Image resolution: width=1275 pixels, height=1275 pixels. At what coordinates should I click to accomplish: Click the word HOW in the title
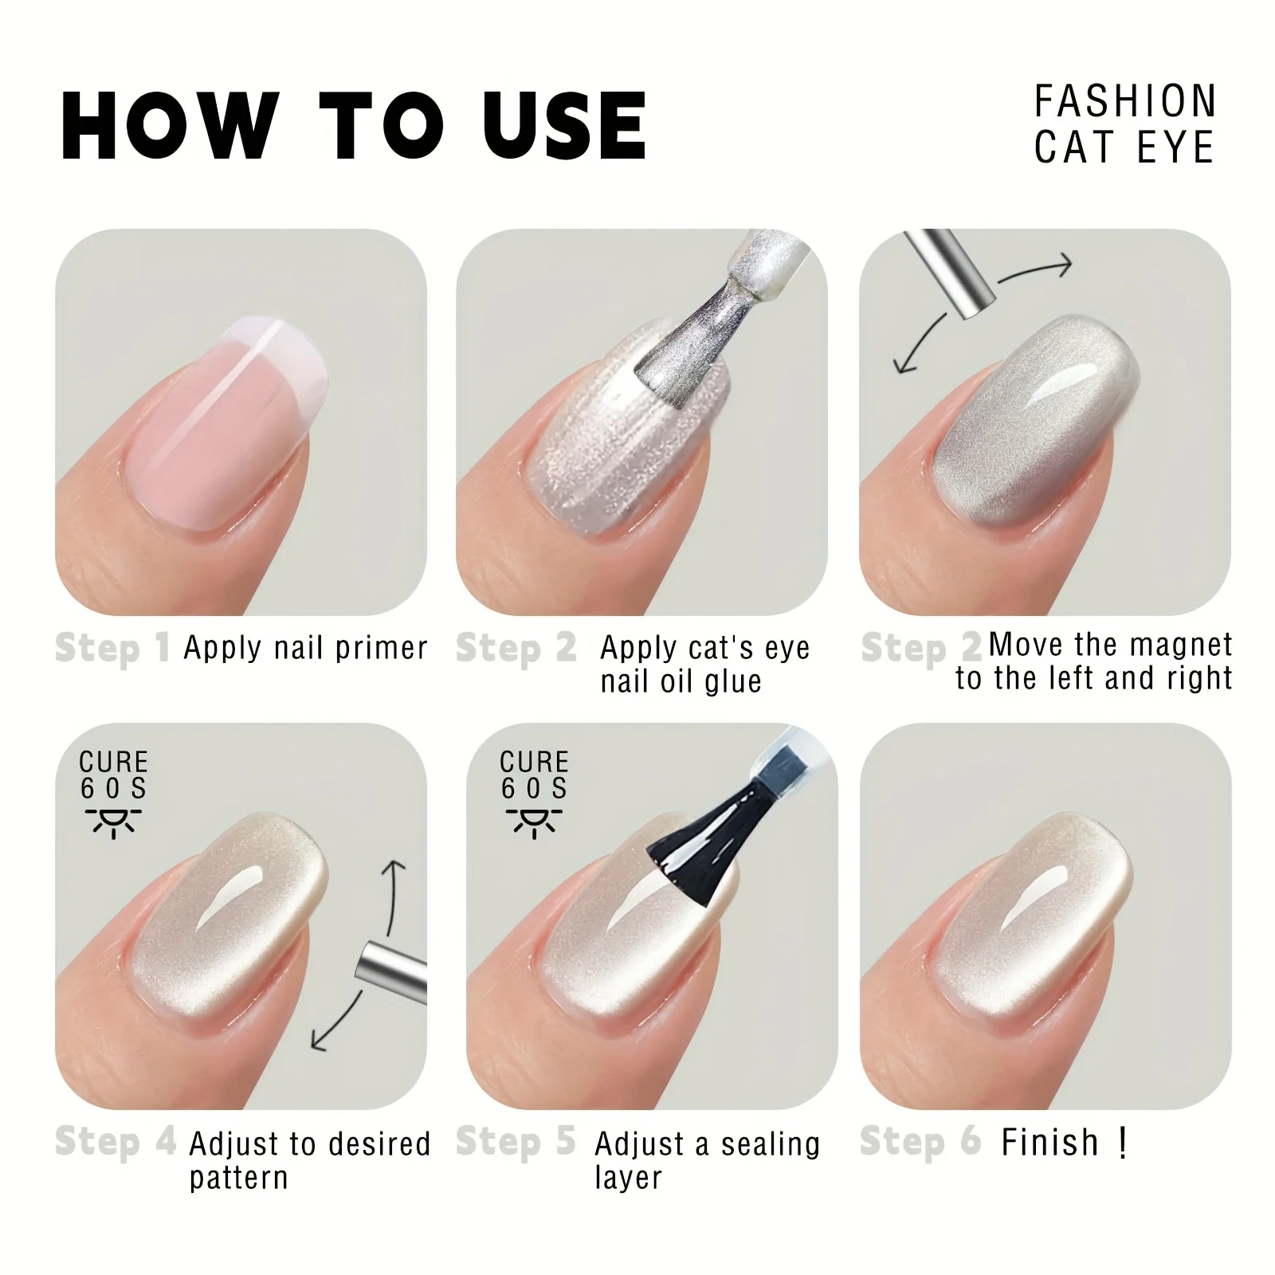coord(171,125)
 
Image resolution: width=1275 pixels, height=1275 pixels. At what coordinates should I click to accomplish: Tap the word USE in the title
coord(565,125)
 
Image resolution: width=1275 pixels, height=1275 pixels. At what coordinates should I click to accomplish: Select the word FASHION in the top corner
coord(1125,101)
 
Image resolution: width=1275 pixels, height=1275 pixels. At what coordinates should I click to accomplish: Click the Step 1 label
coord(112,648)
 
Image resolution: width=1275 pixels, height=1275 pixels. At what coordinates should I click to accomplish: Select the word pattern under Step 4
coord(238,1178)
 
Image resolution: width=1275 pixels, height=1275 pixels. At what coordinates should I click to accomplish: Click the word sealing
coord(770,1144)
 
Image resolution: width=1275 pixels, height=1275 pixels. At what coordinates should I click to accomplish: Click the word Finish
coord(1049,1143)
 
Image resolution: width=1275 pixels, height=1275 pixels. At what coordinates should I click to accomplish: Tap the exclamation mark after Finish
coord(1122,1143)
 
